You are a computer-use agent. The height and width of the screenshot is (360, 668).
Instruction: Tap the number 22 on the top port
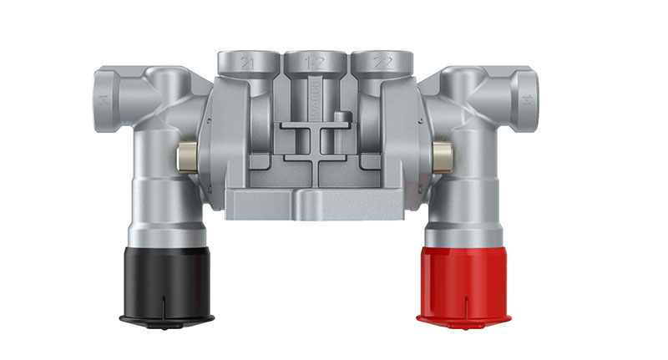[384, 63]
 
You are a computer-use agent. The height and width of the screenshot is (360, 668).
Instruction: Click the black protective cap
[167, 280]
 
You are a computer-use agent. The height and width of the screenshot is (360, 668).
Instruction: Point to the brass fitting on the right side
[440, 153]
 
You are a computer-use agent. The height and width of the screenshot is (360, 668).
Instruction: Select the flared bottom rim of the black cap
[167, 317]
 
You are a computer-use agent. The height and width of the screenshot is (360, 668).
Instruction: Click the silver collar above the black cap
[167, 230]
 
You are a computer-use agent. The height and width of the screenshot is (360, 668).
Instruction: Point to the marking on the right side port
[528, 99]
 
